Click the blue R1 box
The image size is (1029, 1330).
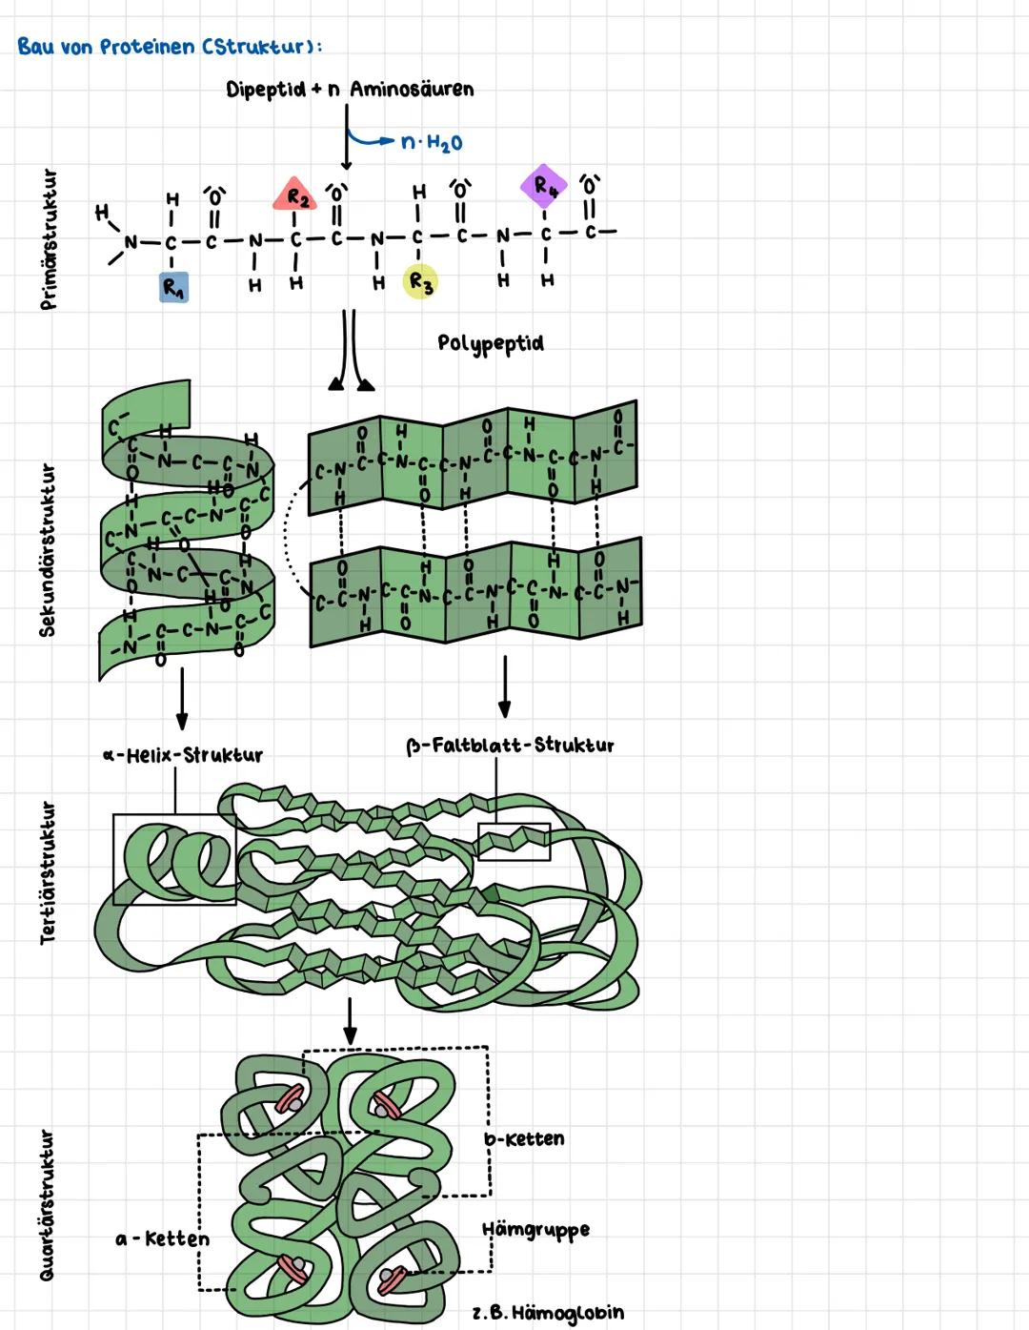(173, 287)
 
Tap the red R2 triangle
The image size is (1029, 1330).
(296, 196)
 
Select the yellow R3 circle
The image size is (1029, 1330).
(420, 281)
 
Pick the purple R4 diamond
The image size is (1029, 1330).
(543, 186)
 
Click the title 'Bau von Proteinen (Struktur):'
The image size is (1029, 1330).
(170, 46)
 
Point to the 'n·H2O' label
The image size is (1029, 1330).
(432, 143)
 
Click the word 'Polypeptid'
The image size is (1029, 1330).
(491, 342)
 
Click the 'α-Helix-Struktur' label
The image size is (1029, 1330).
(183, 755)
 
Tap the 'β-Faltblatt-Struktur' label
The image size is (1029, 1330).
(511, 746)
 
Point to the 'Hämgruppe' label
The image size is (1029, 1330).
(535, 1230)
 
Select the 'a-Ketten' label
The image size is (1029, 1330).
(162, 1239)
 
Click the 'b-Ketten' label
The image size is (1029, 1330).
(524, 1139)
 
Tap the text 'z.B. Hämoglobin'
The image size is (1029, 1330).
(549, 1313)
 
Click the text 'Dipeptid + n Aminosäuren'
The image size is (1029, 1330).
(350, 90)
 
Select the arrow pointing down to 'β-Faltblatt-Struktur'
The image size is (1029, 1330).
(504, 686)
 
